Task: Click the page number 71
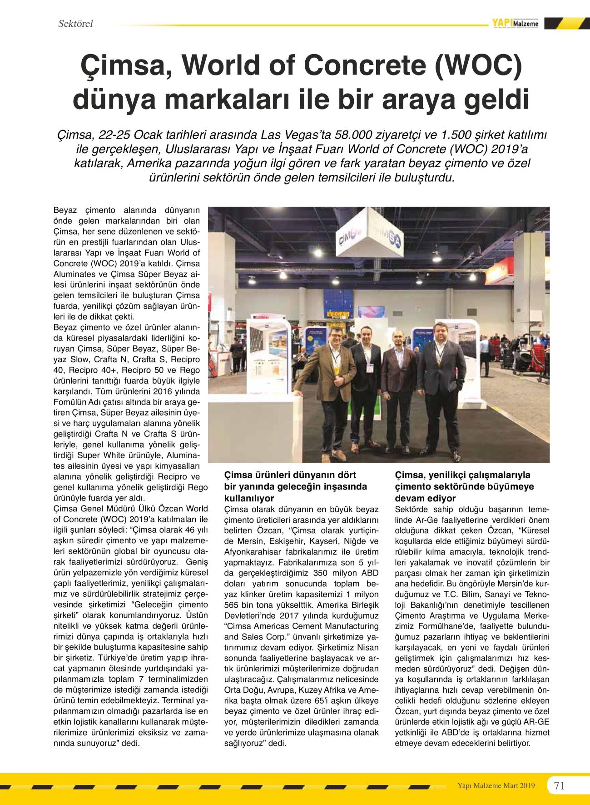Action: (x=559, y=785)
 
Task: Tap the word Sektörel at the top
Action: (x=75, y=24)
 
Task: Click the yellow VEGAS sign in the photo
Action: (x=338, y=314)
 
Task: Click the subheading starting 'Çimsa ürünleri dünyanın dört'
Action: (x=290, y=475)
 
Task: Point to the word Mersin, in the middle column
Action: (x=251, y=541)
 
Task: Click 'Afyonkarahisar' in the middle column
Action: (x=250, y=552)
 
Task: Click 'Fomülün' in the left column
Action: (x=69, y=402)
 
